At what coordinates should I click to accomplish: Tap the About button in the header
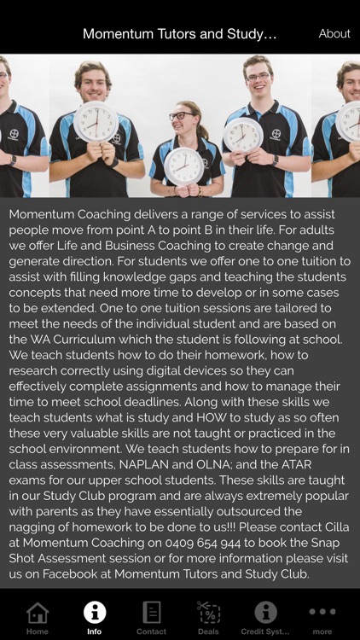pyautogui.click(x=334, y=34)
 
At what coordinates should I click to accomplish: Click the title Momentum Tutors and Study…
pyautogui.click(x=180, y=34)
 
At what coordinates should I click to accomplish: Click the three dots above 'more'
pyautogui.click(x=322, y=612)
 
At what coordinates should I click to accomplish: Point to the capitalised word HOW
pyautogui.click(x=212, y=417)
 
